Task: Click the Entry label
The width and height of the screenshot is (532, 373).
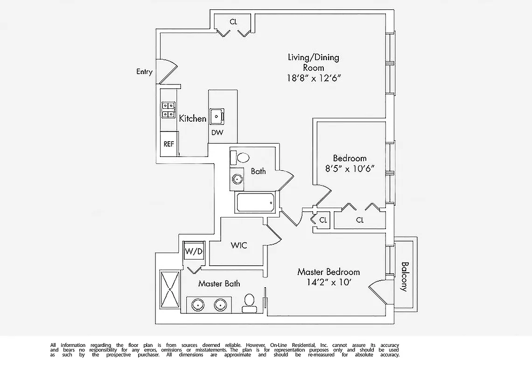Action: (x=144, y=72)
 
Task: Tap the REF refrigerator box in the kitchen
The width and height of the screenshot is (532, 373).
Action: (x=168, y=144)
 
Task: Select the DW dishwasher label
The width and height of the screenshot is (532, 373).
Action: (x=217, y=132)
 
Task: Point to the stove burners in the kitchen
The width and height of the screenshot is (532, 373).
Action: (x=168, y=110)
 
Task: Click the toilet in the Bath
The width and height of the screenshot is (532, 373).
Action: (x=242, y=157)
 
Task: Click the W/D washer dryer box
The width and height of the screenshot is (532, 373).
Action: (x=194, y=252)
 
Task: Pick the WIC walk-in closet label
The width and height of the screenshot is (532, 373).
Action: (x=238, y=245)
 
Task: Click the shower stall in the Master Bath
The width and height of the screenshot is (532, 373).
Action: (x=170, y=289)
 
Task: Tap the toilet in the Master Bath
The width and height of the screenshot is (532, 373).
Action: (x=249, y=304)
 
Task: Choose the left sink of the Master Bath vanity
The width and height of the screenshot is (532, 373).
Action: (x=198, y=305)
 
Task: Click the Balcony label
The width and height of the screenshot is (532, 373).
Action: (x=404, y=276)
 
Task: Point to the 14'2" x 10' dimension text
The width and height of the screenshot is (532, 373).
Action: (x=329, y=282)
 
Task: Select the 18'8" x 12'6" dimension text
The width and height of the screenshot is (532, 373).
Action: (x=313, y=78)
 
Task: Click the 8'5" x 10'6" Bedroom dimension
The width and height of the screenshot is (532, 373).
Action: (x=350, y=168)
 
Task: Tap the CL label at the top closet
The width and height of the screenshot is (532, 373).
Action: (x=233, y=21)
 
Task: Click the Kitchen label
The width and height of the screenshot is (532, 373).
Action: (x=193, y=119)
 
